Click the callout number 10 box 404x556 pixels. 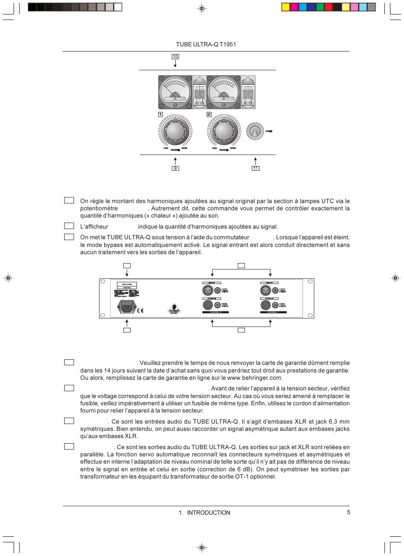175,57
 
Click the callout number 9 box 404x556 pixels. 175,168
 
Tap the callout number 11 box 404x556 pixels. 255,168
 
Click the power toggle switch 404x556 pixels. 255,132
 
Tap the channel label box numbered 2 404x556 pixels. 209,115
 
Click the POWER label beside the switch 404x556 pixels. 269,132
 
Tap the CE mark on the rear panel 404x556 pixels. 140,310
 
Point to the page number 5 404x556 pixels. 348,512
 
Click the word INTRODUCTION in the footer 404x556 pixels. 208,513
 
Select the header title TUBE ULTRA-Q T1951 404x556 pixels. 206,44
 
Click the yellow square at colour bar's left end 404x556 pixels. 286,7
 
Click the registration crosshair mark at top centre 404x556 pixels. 202,8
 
